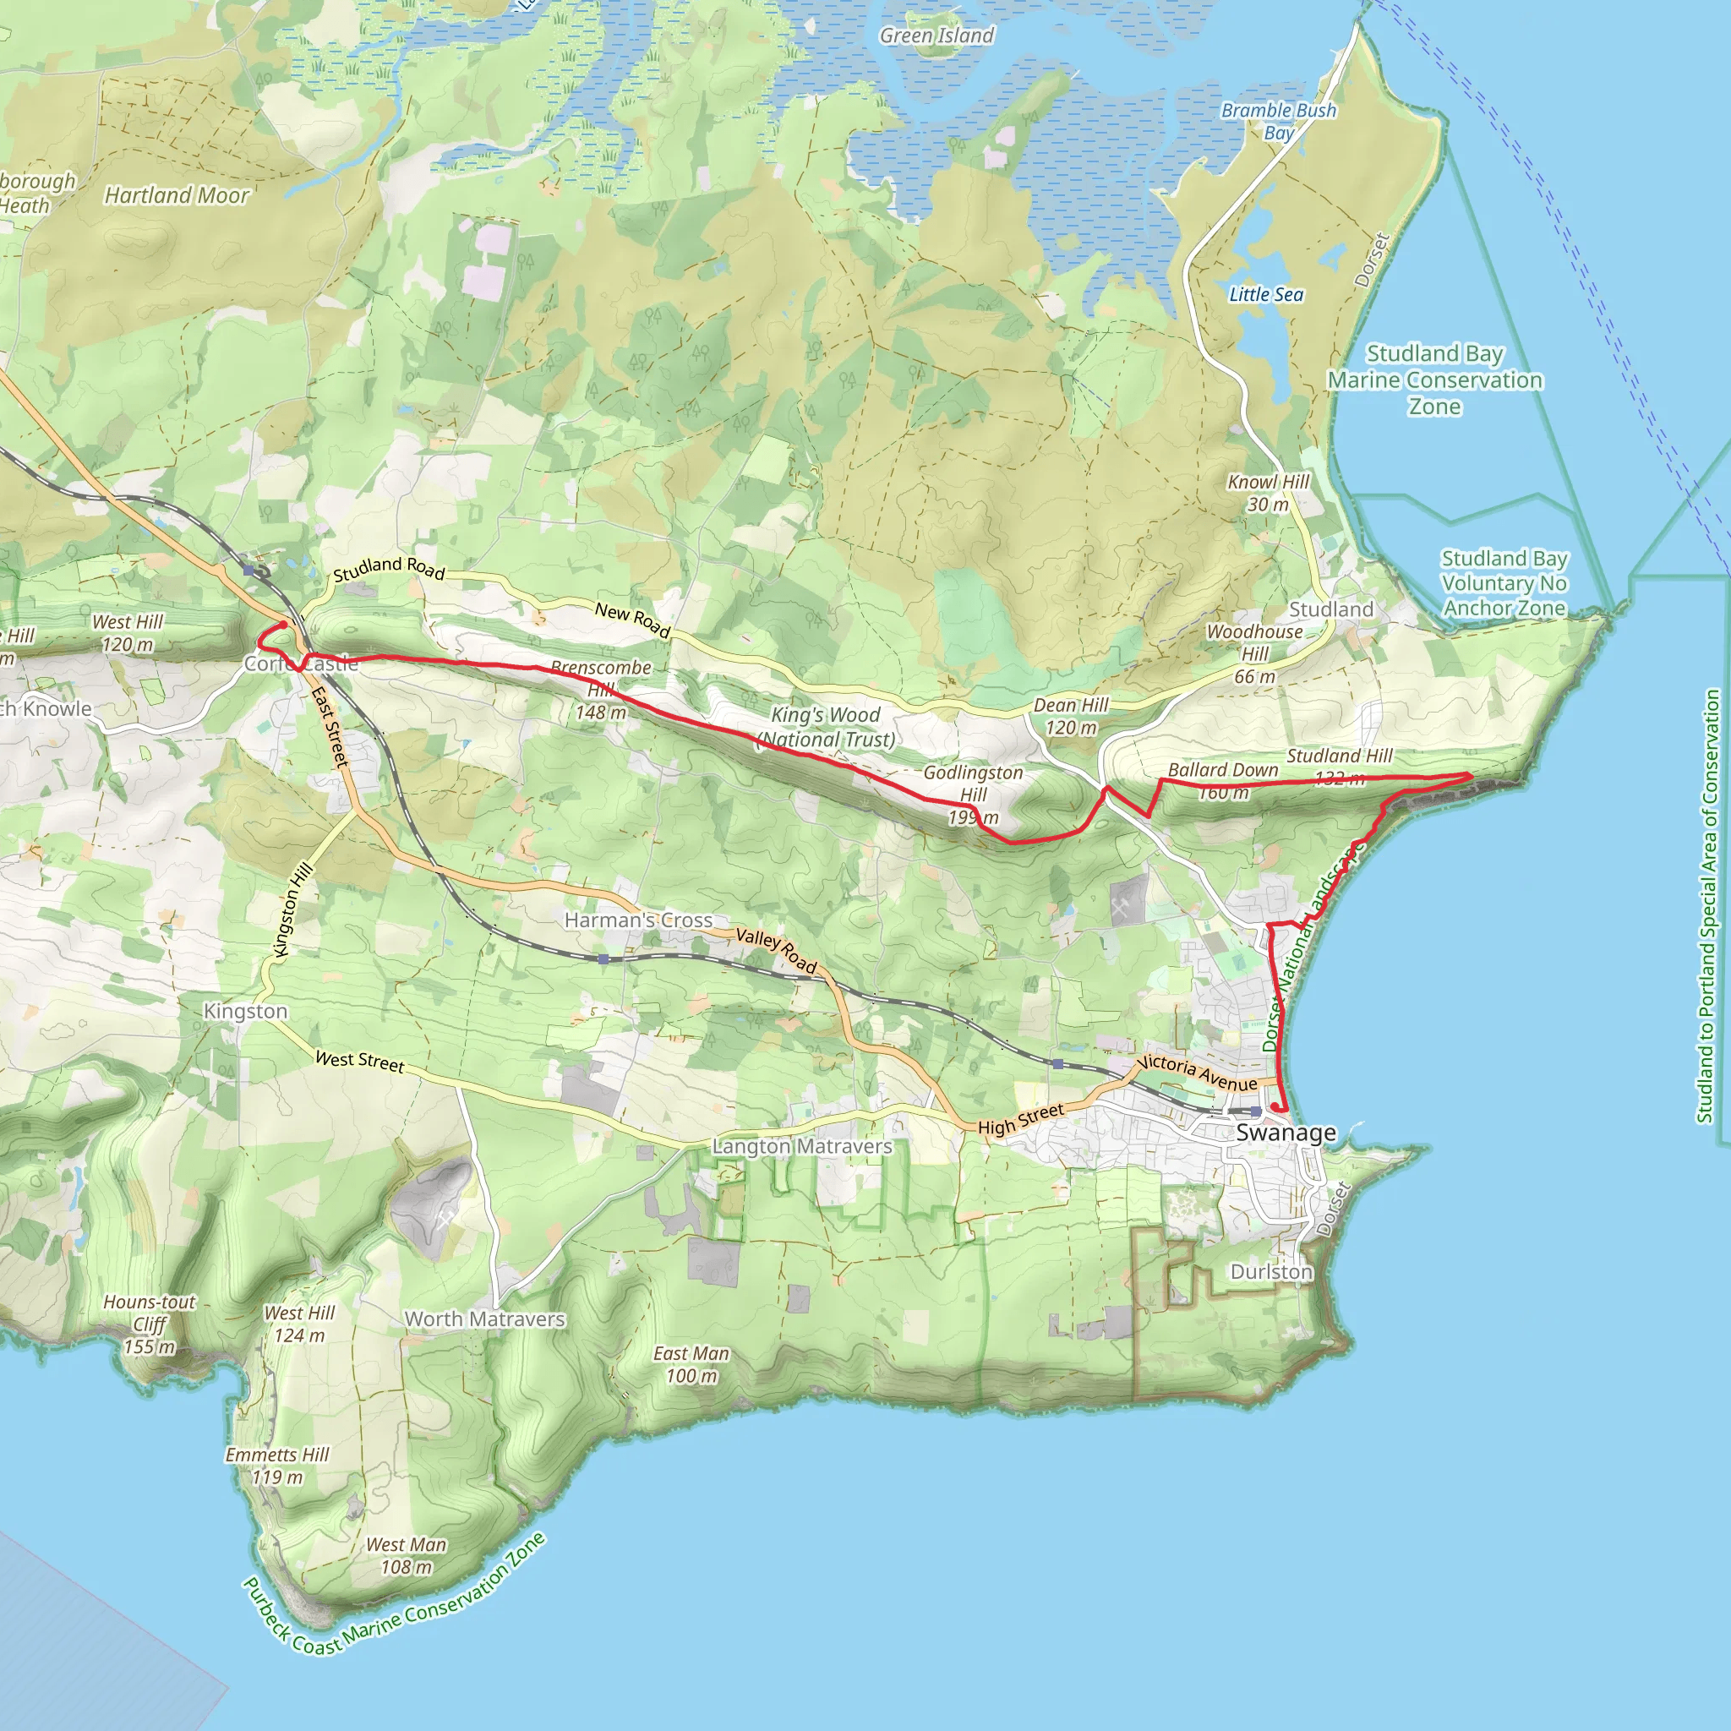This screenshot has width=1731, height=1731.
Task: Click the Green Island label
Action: pyautogui.click(x=936, y=35)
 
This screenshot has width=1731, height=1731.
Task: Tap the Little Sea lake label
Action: pyautogui.click(x=1265, y=295)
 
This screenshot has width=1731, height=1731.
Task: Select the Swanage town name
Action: pyautogui.click(x=1286, y=1133)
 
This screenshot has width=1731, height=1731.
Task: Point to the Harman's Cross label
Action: pyautogui.click(x=638, y=920)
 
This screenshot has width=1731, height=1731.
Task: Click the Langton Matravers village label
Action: pyautogui.click(x=802, y=1146)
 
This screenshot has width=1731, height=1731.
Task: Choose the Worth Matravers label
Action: pyautogui.click(x=484, y=1319)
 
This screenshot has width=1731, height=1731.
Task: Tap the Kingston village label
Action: pyautogui.click(x=245, y=1011)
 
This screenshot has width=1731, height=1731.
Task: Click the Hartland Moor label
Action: pyautogui.click(x=177, y=195)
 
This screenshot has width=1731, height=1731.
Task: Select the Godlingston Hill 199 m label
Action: pyautogui.click(x=973, y=795)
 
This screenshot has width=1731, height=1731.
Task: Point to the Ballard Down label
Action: pyautogui.click(x=1222, y=771)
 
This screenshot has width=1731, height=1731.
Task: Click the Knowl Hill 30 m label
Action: pyautogui.click(x=1268, y=493)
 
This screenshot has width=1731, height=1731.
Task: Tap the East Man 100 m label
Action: pyautogui.click(x=691, y=1363)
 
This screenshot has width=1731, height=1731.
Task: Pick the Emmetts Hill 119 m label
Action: pyautogui.click(x=277, y=1465)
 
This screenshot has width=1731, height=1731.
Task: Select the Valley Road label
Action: pyautogui.click(x=776, y=951)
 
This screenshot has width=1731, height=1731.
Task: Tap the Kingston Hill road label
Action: pyautogui.click(x=294, y=909)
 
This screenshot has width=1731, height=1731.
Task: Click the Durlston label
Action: pyautogui.click(x=1270, y=1272)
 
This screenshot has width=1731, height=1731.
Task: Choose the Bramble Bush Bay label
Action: pyautogui.click(x=1279, y=121)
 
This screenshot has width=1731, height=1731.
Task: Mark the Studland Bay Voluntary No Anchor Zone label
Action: pyautogui.click(x=1504, y=583)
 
